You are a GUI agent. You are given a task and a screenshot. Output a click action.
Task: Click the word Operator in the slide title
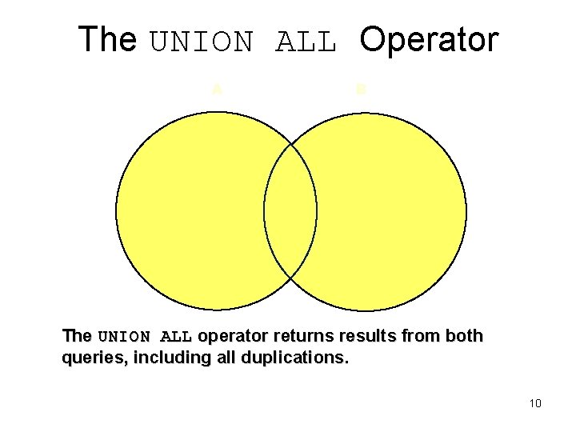coord(429,40)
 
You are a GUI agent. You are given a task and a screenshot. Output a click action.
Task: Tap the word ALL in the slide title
coord(305,42)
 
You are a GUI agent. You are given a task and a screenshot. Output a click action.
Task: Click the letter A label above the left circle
coord(216,90)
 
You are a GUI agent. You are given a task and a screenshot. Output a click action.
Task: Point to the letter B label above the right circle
coord(361,90)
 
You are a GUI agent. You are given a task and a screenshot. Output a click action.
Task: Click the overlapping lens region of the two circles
coord(290,211)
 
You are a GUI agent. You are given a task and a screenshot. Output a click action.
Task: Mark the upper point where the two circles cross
coord(290,146)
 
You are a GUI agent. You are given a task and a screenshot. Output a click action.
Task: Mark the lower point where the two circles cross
coord(290,277)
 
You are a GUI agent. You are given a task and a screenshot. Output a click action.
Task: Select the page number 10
coord(535,403)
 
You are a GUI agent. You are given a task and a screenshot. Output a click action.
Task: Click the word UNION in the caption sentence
coord(124,337)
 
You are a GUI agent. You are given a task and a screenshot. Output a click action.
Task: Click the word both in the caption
coord(464,336)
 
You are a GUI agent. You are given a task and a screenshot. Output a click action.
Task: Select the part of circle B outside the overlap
coord(392,211)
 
